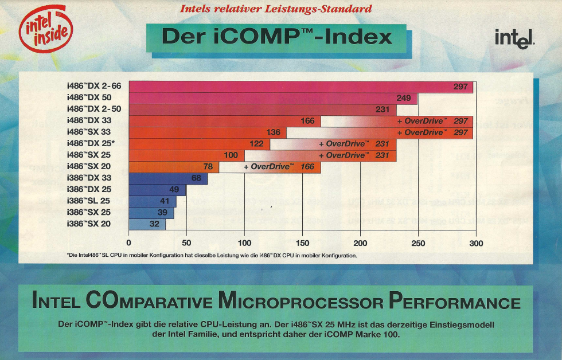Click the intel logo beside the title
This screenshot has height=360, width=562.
pyautogui.click(x=515, y=38)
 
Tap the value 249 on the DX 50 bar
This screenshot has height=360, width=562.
pyautogui.click(x=404, y=98)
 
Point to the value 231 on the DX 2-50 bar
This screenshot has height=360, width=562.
pyautogui.click(x=383, y=109)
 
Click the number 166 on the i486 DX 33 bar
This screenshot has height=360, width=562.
pyautogui.click(x=307, y=121)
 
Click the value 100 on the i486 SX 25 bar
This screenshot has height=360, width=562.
pyautogui.click(x=231, y=155)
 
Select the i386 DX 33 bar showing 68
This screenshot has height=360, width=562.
pyautogui.click(x=168, y=178)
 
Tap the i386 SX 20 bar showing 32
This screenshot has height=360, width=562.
pyautogui.click(x=147, y=224)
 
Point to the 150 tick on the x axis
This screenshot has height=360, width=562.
pyautogui.click(x=302, y=244)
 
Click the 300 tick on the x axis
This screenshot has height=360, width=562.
pyautogui.click(x=476, y=244)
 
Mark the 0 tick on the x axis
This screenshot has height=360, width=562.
pyautogui.click(x=129, y=244)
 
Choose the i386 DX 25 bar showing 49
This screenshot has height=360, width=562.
pyautogui.click(x=158, y=190)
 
